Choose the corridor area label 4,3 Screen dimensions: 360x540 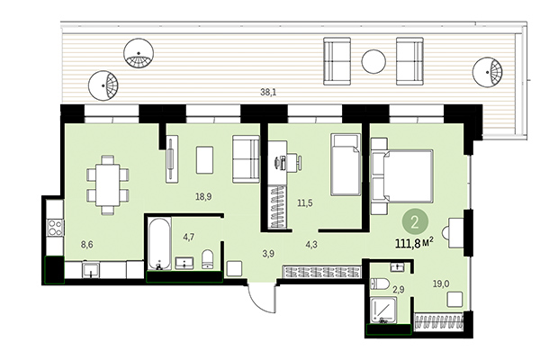(311, 244)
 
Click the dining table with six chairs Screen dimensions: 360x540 (108, 184)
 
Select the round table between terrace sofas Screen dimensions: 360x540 (373, 62)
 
